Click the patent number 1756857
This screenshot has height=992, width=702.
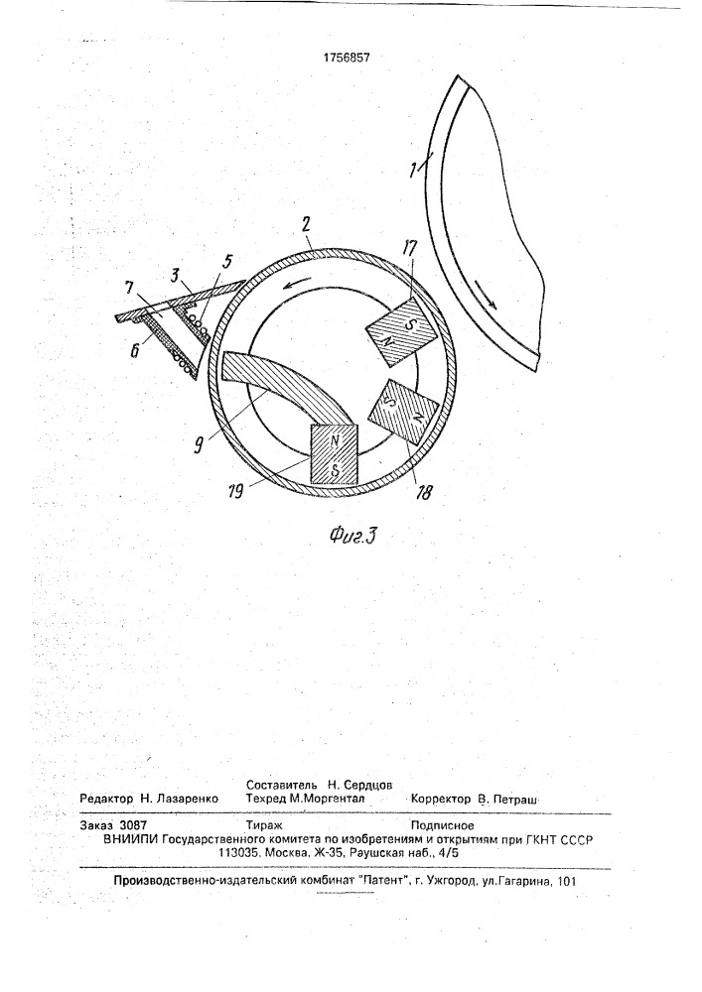point(347,58)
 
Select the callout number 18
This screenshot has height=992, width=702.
point(423,493)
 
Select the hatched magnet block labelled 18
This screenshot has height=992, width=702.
point(402,414)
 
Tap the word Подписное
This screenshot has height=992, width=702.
point(443,825)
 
